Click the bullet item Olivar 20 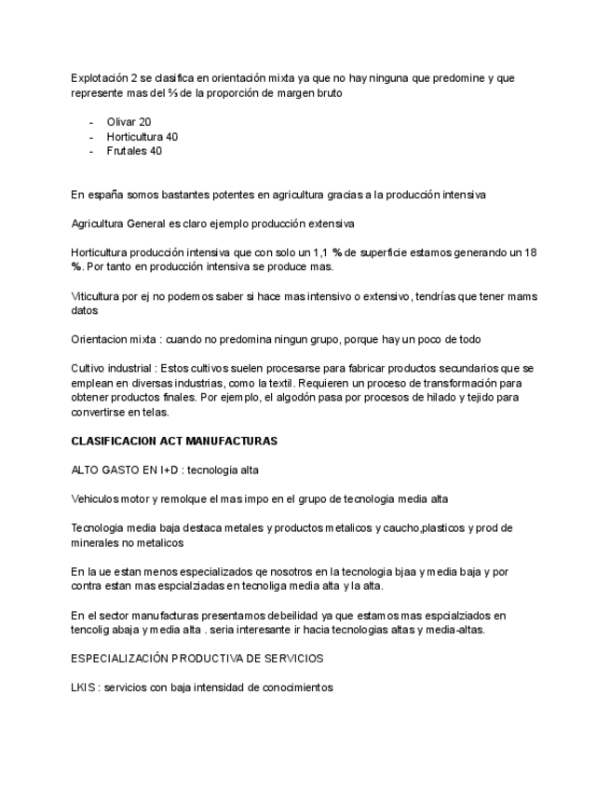coord(129,122)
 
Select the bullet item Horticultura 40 coord(142,137)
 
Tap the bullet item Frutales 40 coord(134,151)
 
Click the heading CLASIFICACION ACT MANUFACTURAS coord(174,440)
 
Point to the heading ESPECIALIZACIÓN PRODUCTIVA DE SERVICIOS coord(197,659)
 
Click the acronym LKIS coord(84,688)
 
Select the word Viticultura coord(94,296)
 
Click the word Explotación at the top coord(100,78)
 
